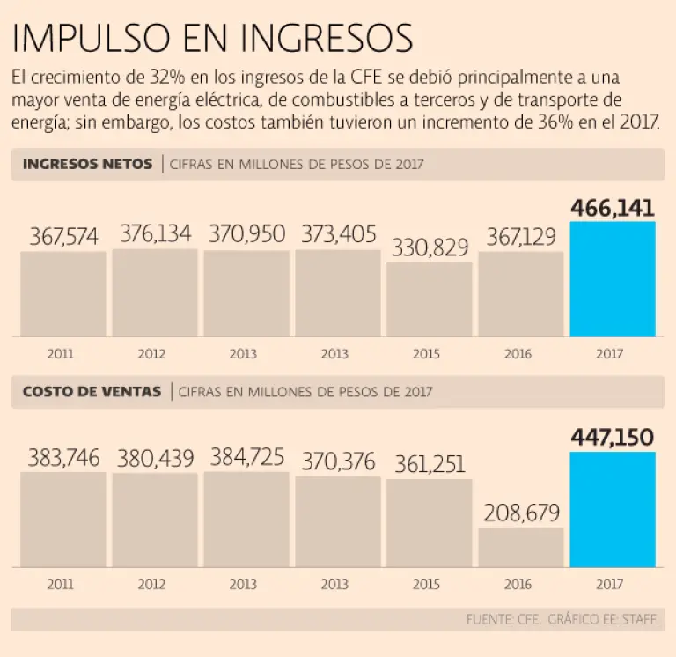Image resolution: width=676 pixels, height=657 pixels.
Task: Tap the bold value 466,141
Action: (x=613, y=208)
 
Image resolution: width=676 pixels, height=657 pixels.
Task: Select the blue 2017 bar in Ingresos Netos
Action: (x=613, y=279)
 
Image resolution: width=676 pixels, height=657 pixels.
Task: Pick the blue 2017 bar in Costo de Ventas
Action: (x=613, y=510)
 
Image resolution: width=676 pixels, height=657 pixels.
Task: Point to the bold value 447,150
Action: (x=613, y=437)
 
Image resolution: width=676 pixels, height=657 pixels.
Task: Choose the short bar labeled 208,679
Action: (x=521, y=547)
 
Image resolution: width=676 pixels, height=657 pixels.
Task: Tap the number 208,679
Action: (x=521, y=512)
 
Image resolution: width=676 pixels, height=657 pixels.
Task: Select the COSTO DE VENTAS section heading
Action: (x=92, y=391)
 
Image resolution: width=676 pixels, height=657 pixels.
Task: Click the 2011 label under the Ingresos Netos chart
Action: (x=61, y=353)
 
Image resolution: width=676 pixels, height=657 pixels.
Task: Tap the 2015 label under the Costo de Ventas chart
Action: (x=428, y=584)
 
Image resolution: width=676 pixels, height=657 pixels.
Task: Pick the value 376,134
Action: (x=155, y=234)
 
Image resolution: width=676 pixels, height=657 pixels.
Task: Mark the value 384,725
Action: (x=246, y=457)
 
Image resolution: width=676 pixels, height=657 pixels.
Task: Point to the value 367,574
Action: (x=63, y=237)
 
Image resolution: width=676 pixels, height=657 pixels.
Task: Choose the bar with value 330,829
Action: (x=429, y=299)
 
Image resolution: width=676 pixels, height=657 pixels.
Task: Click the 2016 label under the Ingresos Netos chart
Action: (x=520, y=353)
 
